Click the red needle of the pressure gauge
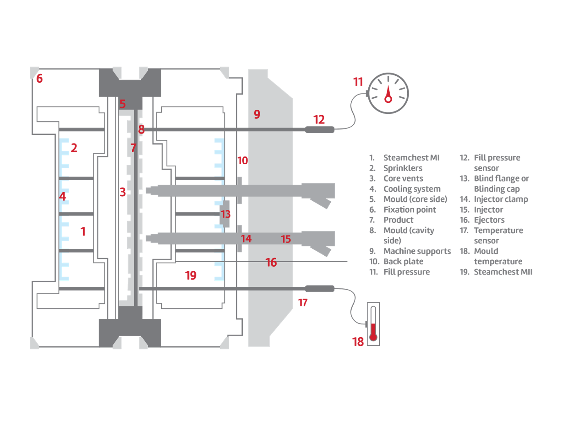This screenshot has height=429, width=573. [x=388, y=94]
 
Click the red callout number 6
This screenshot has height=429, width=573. [x=39, y=78]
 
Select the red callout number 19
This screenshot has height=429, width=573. [x=191, y=275]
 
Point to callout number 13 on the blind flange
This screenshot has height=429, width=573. [x=226, y=214]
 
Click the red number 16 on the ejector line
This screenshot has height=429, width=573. [x=271, y=262]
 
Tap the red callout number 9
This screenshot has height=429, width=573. [x=257, y=114]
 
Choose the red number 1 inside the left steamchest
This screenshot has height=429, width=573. [x=83, y=232]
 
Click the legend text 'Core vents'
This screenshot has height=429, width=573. [x=403, y=178]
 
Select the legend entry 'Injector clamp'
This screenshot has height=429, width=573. [x=501, y=199]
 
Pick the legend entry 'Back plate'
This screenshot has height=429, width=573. [x=403, y=261]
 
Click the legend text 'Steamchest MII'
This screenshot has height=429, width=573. [x=503, y=272]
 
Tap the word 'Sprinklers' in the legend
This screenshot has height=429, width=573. [x=403, y=168]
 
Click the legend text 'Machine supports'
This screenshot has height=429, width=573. [x=417, y=251]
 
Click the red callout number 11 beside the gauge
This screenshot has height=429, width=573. [x=358, y=82]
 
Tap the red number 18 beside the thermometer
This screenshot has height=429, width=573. [x=358, y=341]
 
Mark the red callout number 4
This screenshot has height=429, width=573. [x=63, y=196]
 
